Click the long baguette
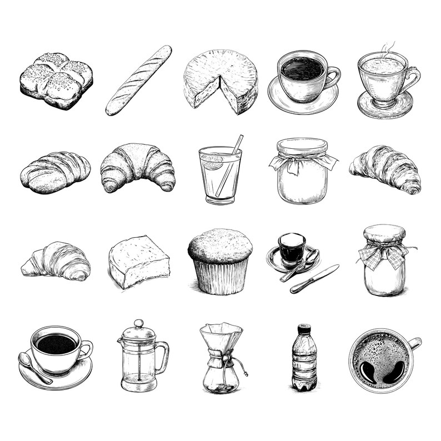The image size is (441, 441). tap(138, 81)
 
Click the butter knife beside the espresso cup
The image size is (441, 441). tap(314, 279)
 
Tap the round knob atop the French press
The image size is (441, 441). tap(138, 323)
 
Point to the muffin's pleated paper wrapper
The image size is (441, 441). tap(220, 276)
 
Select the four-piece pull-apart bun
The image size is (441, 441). tap(56, 80)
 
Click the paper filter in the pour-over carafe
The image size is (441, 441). tap(221, 336)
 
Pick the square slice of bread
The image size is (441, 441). tap(138, 260)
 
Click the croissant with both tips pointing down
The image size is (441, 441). tap(137, 166)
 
